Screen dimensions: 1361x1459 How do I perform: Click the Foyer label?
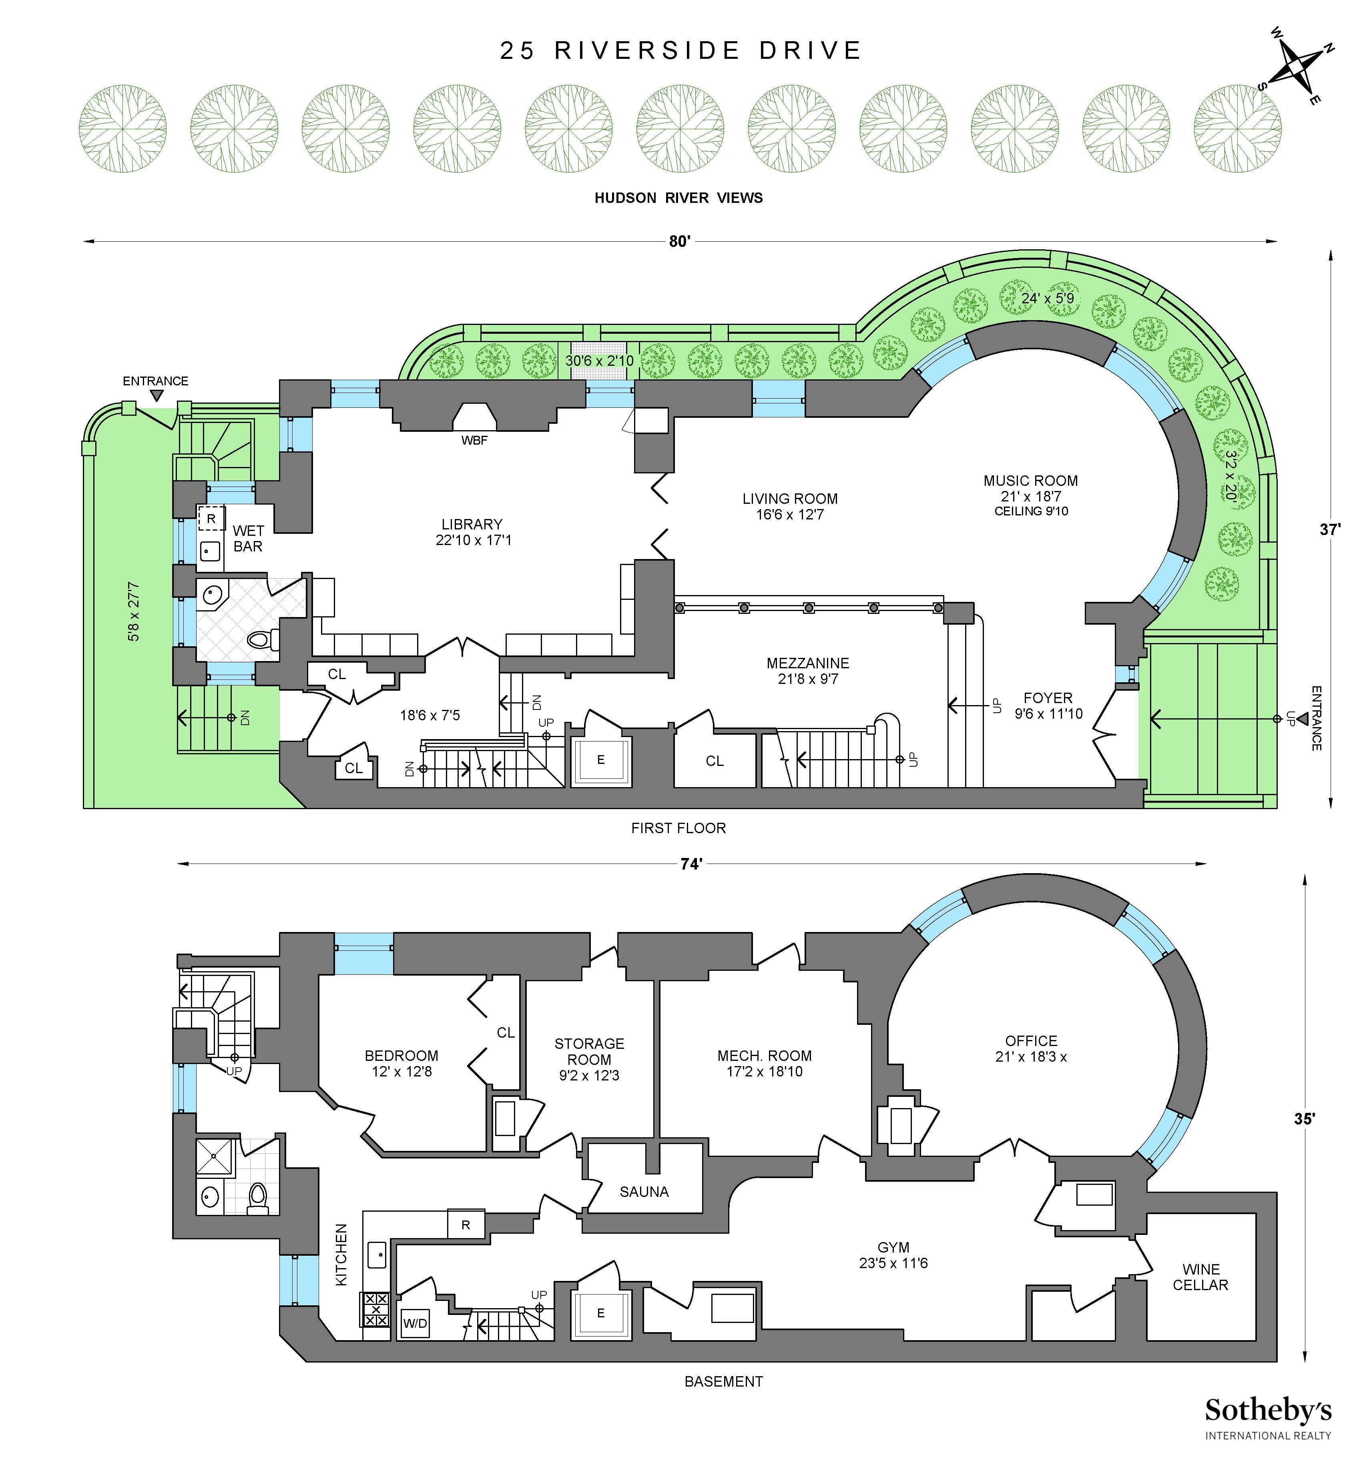[1048, 705]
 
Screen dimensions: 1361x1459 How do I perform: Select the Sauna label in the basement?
[644, 1192]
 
